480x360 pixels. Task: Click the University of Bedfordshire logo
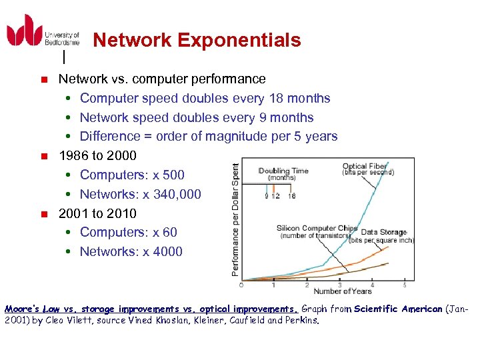[x=43, y=31]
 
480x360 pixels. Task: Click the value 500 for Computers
[x=173, y=175]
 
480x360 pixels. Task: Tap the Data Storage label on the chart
[x=383, y=232]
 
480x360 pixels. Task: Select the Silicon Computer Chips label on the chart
[x=317, y=228]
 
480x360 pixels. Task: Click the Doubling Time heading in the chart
[x=283, y=171]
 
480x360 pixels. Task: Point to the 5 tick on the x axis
[x=405, y=285]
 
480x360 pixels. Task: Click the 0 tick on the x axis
[x=241, y=285]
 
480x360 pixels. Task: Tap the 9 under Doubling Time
[x=266, y=196]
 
